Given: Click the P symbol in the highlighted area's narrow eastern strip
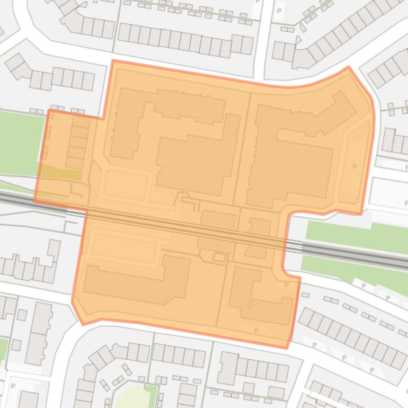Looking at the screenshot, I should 354,166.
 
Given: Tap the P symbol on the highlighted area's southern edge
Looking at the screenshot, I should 256,331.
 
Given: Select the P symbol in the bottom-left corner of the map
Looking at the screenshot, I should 13,386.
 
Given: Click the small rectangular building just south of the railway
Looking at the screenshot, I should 219,257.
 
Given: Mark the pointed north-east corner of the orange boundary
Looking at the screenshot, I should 348,67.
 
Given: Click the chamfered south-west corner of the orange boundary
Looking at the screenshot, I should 77,313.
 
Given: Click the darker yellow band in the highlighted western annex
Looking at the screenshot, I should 60,172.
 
